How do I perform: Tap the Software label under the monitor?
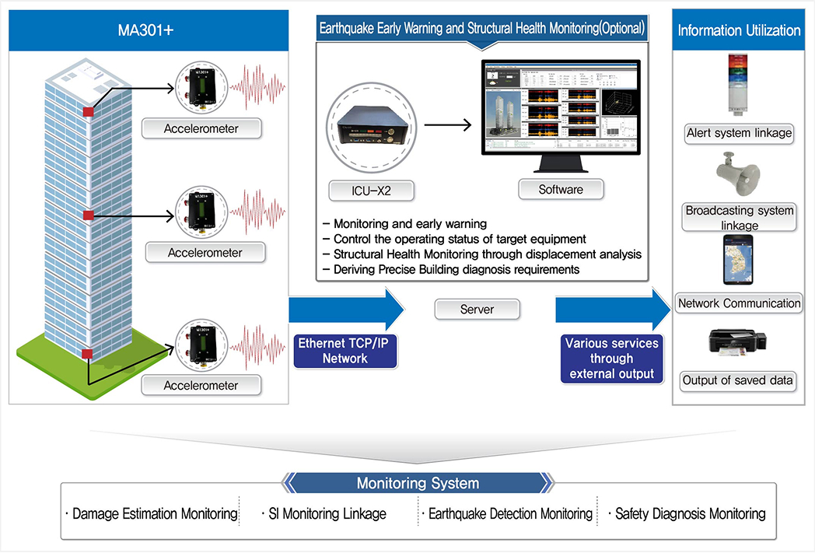coord(561,189)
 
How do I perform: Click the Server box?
coord(477,309)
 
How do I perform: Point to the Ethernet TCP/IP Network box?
coord(345,350)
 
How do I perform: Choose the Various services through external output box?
coord(611,359)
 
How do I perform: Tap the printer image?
coord(738,345)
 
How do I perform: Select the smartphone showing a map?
coord(738,262)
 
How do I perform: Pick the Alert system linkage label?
coord(739,133)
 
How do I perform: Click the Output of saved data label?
coord(738,380)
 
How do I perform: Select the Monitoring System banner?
coord(418,483)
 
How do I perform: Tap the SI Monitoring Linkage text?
coord(326,513)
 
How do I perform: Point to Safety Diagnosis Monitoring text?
coord(690,513)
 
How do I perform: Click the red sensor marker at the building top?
coord(89,112)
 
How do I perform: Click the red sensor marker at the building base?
coord(88,354)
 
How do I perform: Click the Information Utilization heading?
coord(739,31)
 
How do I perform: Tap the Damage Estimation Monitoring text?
coord(153,513)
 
